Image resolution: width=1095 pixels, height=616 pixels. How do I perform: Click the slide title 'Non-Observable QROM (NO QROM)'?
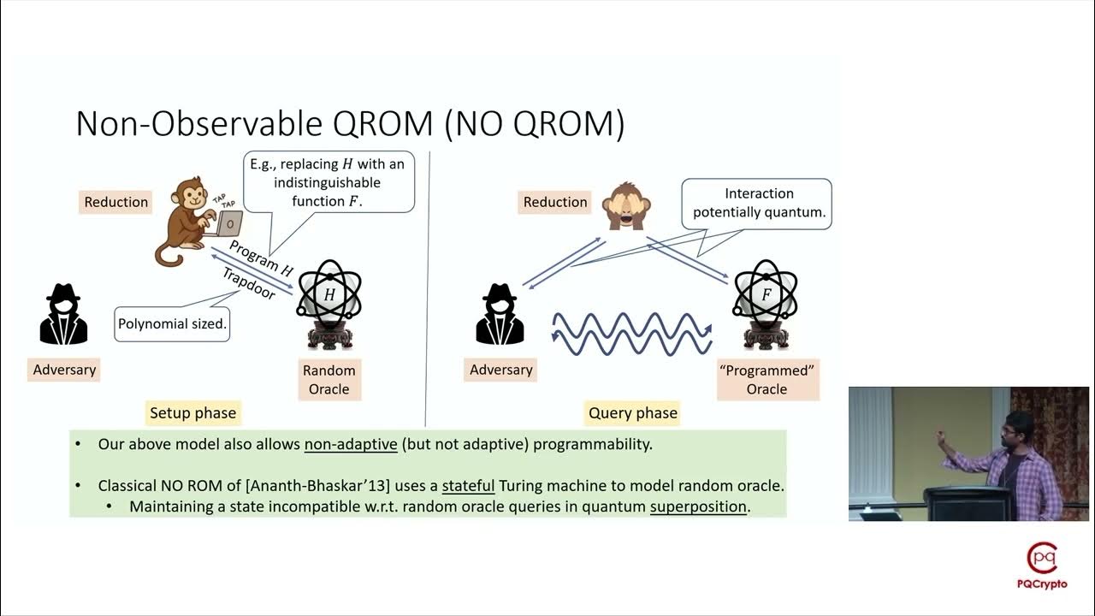point(350,124)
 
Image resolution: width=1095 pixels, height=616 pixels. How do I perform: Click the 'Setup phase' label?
point(192,413)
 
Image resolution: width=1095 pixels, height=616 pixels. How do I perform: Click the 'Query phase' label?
point(633,413)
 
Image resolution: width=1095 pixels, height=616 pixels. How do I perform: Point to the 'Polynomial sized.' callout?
point(172,324)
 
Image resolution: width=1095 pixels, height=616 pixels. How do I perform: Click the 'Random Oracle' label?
point(328,380)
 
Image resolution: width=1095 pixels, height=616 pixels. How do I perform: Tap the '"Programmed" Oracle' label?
point(766,380)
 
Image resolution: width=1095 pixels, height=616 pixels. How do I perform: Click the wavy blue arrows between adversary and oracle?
point(632,333)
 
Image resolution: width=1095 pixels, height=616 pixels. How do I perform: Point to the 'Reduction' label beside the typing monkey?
point(116,202)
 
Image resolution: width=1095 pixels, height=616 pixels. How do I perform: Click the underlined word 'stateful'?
point(468,486)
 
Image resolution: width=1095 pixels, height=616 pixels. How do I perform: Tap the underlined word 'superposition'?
point(698,506)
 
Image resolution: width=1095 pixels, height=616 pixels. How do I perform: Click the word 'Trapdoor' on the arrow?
point(249,284)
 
